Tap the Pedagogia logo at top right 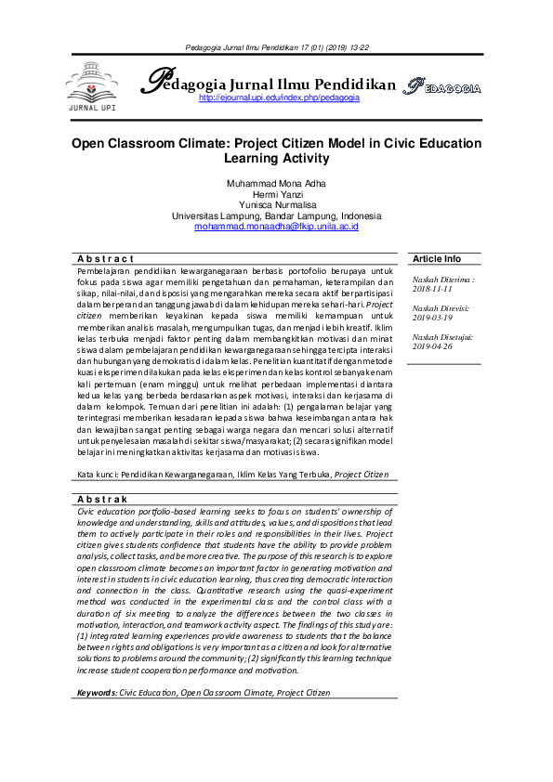441,88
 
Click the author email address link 276,227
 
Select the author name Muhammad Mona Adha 276,184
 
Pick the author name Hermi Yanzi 276,194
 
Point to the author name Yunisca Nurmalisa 276,204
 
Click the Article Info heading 437,258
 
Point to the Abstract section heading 106,258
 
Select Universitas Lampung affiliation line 276,215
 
